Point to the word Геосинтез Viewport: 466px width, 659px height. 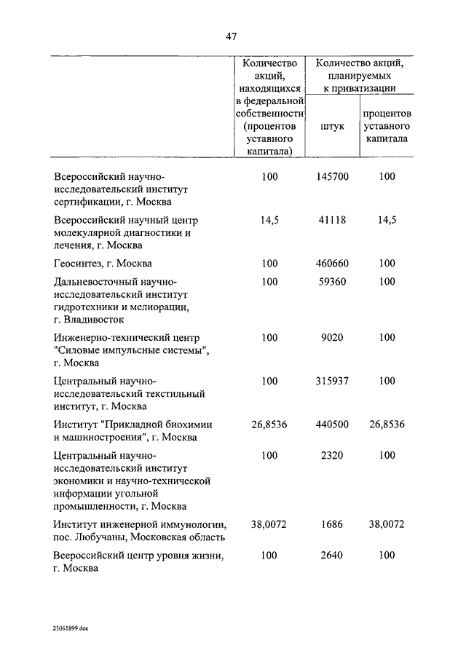pos(80,263)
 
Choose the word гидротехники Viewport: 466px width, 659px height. pos(86,307)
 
